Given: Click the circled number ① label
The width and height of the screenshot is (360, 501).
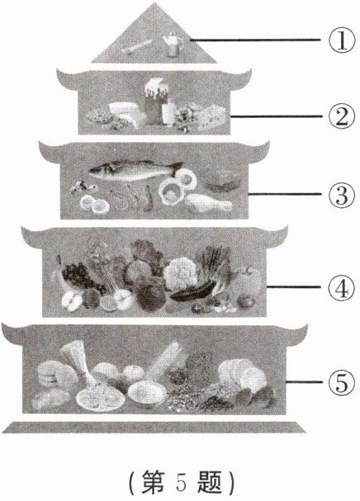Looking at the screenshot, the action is pyautogui.click(x=342, y=40).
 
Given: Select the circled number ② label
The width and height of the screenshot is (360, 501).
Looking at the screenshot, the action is pyautogui.click(x=342, y=116).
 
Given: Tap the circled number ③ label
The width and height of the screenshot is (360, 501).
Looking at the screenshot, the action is pyautogui.click(x=342, y=194).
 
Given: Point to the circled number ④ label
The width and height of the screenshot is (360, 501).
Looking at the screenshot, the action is pyautogui.click(x=342, y=287).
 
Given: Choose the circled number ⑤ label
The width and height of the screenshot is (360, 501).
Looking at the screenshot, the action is pyautogui.click(x=342, y=382).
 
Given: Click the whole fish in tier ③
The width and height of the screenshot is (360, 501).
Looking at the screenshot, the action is pyautogui.click(x=135, y=170).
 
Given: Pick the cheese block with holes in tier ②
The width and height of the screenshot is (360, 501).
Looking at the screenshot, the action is pyautogui.click(x=211, y=117).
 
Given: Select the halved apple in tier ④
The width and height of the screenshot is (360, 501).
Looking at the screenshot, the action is pyautogui.click(x=72, y=301).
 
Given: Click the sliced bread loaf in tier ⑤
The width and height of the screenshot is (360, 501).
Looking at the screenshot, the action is pyautogui.click(x=243, y=375).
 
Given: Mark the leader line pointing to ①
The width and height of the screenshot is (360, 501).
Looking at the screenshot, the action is pyautogui.click(x=255, y=40).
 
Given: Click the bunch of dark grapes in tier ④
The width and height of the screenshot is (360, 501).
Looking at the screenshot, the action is pyautogui.click(x=78, y=276).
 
